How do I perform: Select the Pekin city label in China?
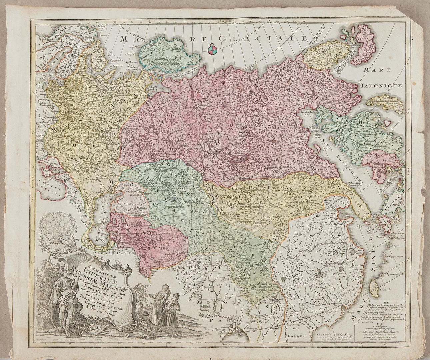[302, 225]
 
